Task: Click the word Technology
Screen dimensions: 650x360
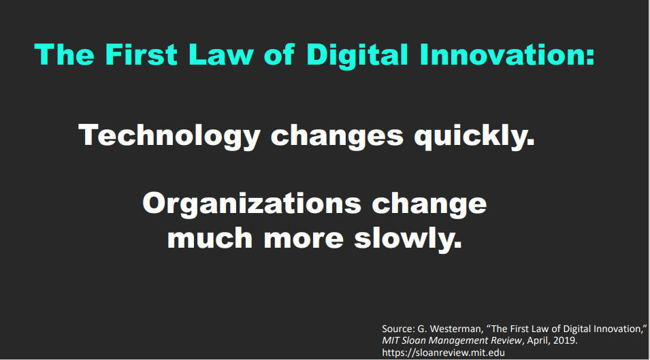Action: tap(169, 136)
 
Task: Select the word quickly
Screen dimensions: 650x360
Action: tap(474, 136)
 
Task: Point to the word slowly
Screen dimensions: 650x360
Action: tap(408, 239)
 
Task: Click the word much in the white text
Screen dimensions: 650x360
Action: tap(210, 239)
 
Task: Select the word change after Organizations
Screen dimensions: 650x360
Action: tap(429, 204)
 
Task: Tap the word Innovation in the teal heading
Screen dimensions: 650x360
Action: tap(507, 54)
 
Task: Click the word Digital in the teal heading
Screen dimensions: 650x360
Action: tap(357, 55)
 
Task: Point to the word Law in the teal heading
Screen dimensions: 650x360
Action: tap(221, 54)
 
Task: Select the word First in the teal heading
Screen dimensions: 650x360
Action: tap(141, 54)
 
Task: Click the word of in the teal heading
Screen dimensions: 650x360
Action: tap(279, 54)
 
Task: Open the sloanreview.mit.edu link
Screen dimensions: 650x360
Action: tap(443, 353)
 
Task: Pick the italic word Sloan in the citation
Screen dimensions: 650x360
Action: tap(414, 340)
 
